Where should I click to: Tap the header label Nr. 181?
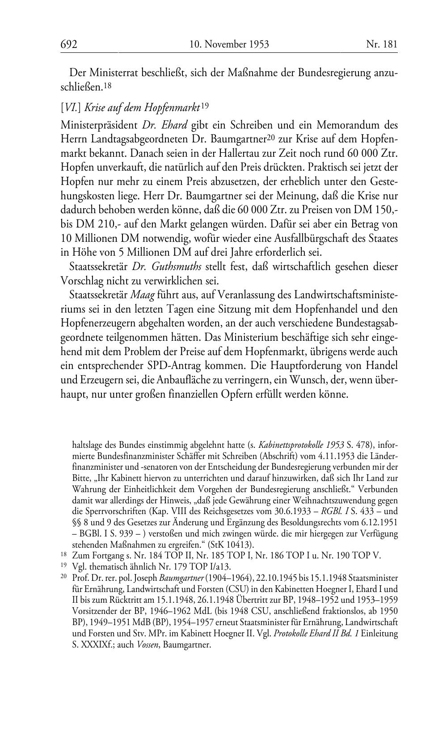click(381, 44)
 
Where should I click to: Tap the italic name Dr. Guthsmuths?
click(168, 266)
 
